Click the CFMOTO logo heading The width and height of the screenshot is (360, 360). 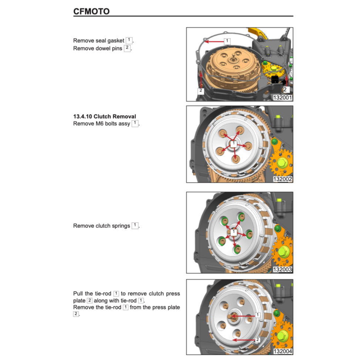point(91,11)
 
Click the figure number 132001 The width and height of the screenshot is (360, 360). point(282,97)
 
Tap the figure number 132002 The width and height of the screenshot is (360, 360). point(282,179)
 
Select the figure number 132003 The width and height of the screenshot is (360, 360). point(282,269)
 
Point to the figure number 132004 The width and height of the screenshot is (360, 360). point(282,351)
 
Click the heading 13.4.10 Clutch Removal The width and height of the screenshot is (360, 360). point(104,116)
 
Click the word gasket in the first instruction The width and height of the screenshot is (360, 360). point(116,41)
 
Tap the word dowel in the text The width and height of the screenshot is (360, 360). point(103,49)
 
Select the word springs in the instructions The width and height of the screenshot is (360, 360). point(121,226)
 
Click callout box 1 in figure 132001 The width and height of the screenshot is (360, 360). point(227,41)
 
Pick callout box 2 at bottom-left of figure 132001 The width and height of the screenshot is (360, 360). point(201,91)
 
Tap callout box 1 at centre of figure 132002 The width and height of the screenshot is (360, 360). point(233,143)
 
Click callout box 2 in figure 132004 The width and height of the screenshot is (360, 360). point(258,340)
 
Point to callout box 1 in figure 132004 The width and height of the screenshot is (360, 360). point(258,315)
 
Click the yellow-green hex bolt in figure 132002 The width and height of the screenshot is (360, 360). point(282,163)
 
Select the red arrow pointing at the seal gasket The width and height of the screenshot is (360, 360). point(214,41)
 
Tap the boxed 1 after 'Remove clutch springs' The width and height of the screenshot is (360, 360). point(135,226)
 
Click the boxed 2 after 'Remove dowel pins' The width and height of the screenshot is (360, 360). point(127,48)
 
